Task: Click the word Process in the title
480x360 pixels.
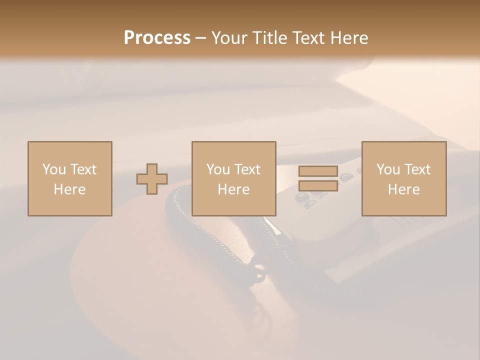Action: coord(157,38)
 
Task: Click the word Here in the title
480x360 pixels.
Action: coord(350,38)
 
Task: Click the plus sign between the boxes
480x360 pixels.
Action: coord(152,179)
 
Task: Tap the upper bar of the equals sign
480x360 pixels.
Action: coord(318,171)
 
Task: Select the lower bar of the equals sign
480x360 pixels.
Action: coord(318,185)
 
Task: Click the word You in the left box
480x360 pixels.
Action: coord(54,169)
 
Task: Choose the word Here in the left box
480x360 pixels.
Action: coord(69,189)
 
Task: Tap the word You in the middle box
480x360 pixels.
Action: coord(218,169)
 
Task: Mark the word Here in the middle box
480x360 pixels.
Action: coord(233,189)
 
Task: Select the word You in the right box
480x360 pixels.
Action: coord(388,169)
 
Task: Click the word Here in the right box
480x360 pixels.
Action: coord(403,189)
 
